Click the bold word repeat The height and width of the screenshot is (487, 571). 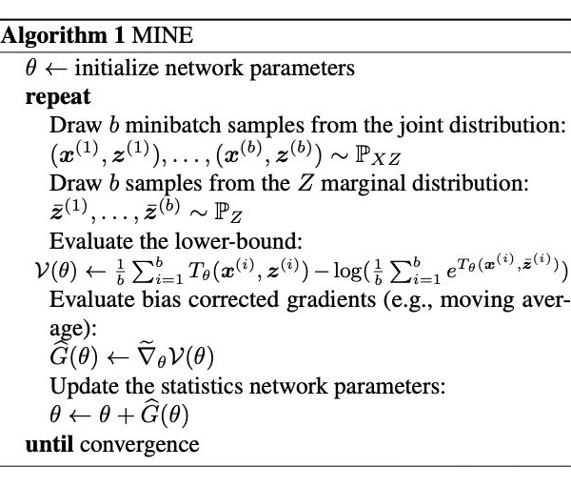click(59, 96)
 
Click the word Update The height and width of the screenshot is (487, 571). click(80, 388)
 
